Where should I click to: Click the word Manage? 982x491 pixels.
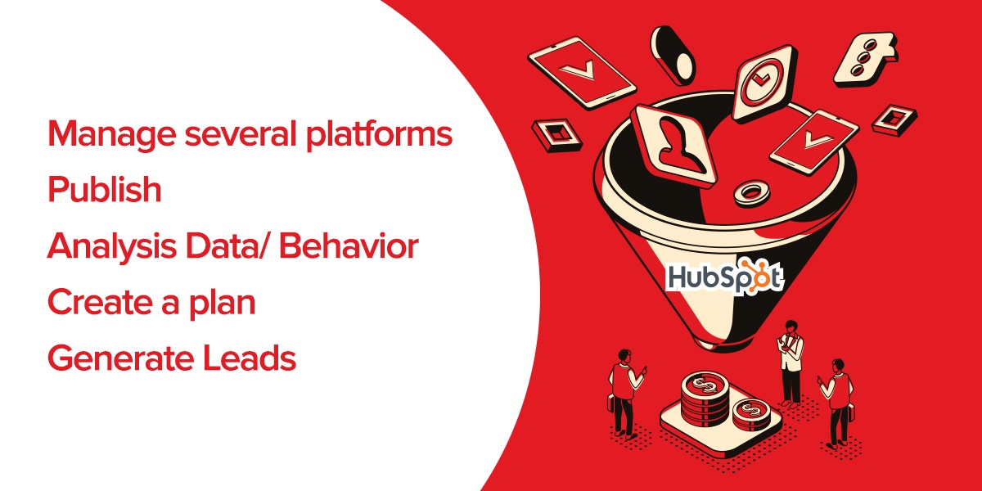click(112, 135)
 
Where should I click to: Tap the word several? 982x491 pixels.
click(241, 133)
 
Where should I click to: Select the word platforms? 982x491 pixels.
click(379, 134)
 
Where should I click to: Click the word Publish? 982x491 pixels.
click(105, 188)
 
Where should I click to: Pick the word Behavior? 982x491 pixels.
click(349, 245)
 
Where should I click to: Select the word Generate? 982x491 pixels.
click(120, 358)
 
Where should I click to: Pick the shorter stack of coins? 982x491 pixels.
click(752, 415)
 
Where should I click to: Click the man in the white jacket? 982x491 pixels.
click(791, 363)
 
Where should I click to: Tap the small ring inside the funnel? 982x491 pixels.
click(752, 192)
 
